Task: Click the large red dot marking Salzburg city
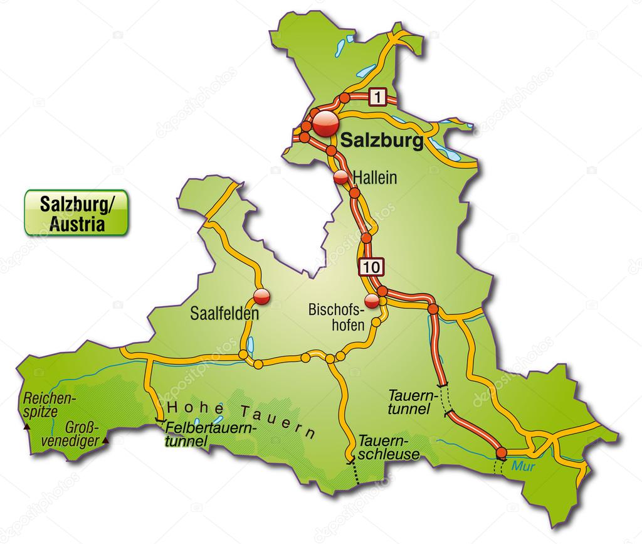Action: pos(326,124)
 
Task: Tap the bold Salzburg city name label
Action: pos(381,141)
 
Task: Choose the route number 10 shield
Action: pos(370,267)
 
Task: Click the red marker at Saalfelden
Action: pos(261,297)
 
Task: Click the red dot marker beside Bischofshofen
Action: pos(372,301)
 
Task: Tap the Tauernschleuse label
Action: pos(388,446)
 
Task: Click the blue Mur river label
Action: pos(520,466)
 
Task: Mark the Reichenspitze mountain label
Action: pos(49,405)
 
